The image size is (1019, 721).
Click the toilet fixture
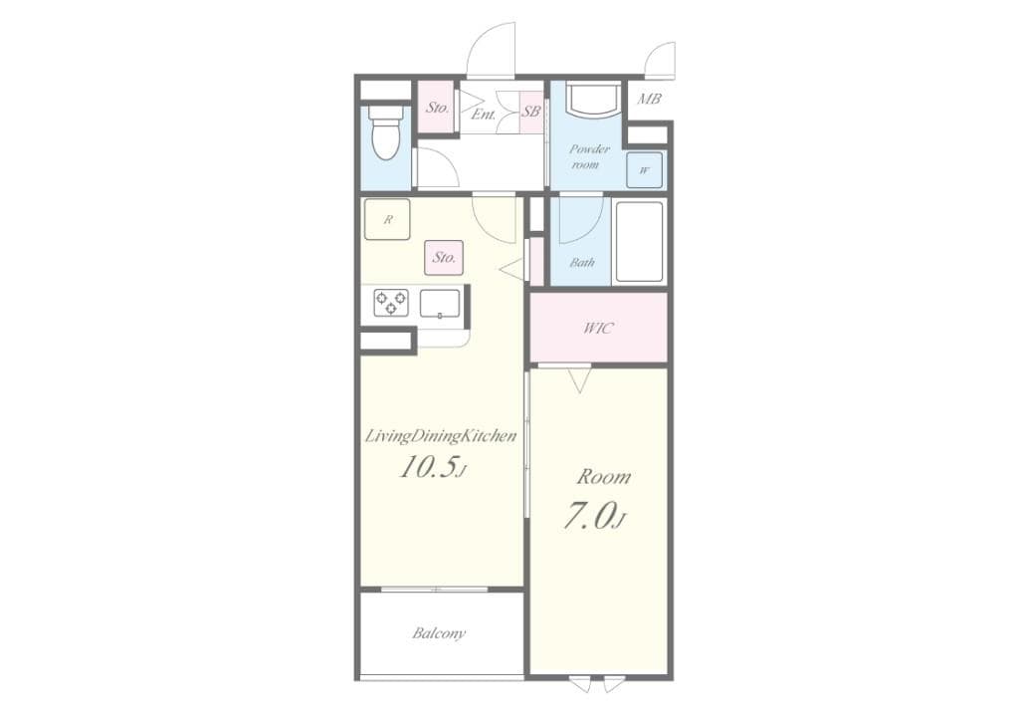[x=385, y=133]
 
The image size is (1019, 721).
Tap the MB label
[x=650, y=99]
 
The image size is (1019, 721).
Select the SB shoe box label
[x=531, y=112]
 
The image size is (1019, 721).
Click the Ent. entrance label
[x=484, y=115]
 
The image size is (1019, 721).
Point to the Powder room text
[x=588, y=156]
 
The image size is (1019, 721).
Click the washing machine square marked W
[x=645, y=170]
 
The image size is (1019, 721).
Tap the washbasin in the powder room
[x=594, y=100]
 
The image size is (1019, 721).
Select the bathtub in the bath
[x=640, y=242]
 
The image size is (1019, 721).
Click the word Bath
[x=582, y=263]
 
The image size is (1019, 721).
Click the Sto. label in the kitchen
[x=444, y=257]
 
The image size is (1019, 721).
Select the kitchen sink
[x=440, y=303]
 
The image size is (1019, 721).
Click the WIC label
[x=598, y=328]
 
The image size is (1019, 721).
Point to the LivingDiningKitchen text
[x=441, y=436]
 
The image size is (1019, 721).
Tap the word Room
[x=603, y=476]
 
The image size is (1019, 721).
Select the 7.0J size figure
[x=595, y=518]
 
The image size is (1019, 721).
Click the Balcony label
[x=439, y=633]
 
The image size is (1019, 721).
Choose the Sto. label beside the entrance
[x=437, y=107]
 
